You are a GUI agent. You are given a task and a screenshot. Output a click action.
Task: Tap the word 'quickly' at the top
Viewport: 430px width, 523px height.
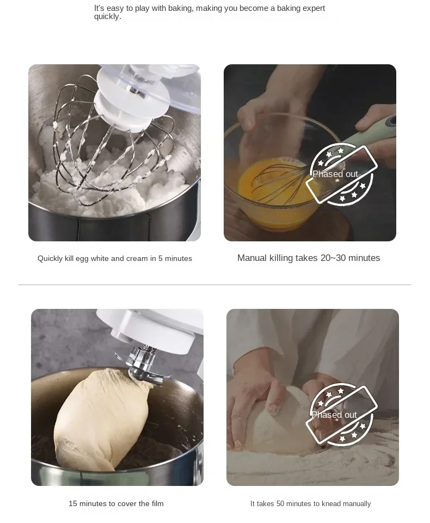(x=107, y=16)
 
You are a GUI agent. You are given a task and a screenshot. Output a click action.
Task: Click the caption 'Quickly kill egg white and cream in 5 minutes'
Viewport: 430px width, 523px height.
(x=115, y=258)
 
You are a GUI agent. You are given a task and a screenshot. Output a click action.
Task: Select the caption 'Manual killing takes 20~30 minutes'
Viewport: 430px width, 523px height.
(x=309, y=258)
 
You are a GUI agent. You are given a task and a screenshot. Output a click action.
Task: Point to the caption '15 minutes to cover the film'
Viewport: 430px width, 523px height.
(x=116, y=503)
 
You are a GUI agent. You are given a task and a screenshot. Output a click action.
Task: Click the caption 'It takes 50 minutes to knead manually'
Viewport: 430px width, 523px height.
(x=310, y=503)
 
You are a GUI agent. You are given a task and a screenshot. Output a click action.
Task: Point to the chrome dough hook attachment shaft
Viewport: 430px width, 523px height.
(x=140, y=359)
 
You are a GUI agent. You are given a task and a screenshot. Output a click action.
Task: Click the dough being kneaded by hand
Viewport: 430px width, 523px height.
(x=283, y=419)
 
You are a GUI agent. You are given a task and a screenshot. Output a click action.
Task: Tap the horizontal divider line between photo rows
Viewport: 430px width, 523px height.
(x=215, y=284)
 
